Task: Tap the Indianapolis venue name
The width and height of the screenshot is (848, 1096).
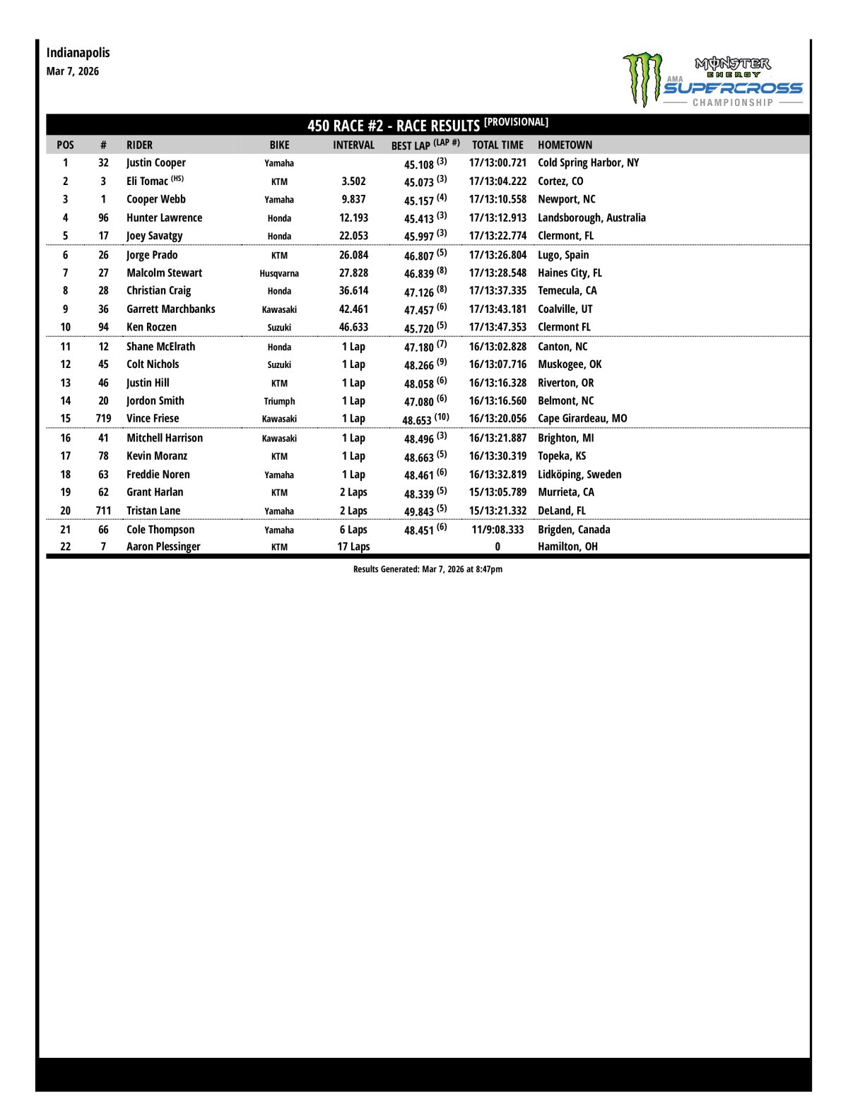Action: pyautogui.click(x=78, y=52)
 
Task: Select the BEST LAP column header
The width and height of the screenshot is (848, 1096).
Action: pyautogui.click(x=425, y=145)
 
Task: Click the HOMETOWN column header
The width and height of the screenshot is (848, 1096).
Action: pyautogui.click(x=565, y=145)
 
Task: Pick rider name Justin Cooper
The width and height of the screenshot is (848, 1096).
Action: pyautogui.click(x=155, y=162)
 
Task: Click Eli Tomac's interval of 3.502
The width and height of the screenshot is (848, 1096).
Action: pyautogui.click(x=353, y=181)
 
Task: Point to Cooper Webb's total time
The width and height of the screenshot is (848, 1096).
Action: pyautogui.click(x=497, y=199)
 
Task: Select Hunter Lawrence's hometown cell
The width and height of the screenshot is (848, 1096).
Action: pyautogui.click(x=591, y=218)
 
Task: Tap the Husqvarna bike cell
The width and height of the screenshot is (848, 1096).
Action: pyautogui.click(x=279, y=273)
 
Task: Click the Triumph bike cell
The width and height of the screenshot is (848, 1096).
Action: pyautogui.click(x=279, y=401)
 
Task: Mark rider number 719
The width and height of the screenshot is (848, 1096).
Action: pyautogui.click(x=103, y=418)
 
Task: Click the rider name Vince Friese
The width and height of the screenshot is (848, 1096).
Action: pyautogui.click(x=153, y=418)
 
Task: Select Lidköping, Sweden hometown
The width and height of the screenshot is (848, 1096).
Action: pyautogui.click(x=579, y=475)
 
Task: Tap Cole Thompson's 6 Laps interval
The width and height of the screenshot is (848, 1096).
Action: pyautogui.click(x=353, y=530)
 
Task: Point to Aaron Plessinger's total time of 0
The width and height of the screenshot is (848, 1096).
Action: pyautogui.click(x=497, y=547)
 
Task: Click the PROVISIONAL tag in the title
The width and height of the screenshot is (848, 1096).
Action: pyautogui.click(x=516, y=122)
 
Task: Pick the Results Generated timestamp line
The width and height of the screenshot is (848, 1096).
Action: pyautogui.click(x=428, y=569)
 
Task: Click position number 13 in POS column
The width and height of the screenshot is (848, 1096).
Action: pyautogui.click(x=65, y=383)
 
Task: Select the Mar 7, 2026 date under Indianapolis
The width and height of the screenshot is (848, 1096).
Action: pyautogui.click(x=73, y=71)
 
